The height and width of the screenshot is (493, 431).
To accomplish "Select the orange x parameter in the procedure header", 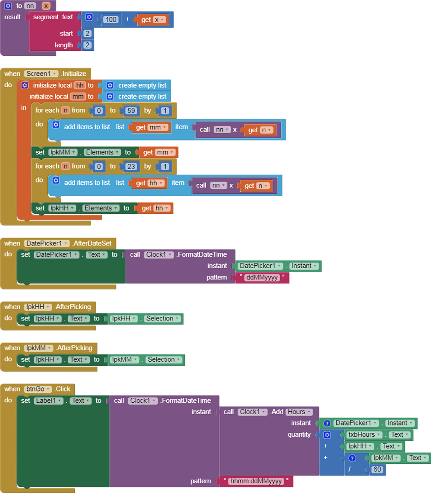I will pos(46,6).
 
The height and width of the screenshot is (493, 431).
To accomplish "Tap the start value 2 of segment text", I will pos(87,34).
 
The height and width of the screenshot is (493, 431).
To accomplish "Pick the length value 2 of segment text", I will pos(87,45).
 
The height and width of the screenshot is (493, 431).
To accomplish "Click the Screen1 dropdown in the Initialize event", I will pos(42,73).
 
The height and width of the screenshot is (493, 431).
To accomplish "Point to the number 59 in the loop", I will pos(131,110).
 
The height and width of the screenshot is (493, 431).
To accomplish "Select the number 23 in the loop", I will pos(131,166).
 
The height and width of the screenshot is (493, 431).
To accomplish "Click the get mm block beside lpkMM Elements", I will pos(157,152).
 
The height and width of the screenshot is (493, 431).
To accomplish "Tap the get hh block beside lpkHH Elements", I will pos(155,208).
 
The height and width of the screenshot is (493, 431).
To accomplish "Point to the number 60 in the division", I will pos(377,469).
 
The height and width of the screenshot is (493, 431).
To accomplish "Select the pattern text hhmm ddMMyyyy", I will pos(258,481).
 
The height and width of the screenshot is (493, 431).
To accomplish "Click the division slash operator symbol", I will pos(349,469).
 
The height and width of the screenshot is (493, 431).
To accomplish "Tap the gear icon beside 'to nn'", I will pos(8,6).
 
